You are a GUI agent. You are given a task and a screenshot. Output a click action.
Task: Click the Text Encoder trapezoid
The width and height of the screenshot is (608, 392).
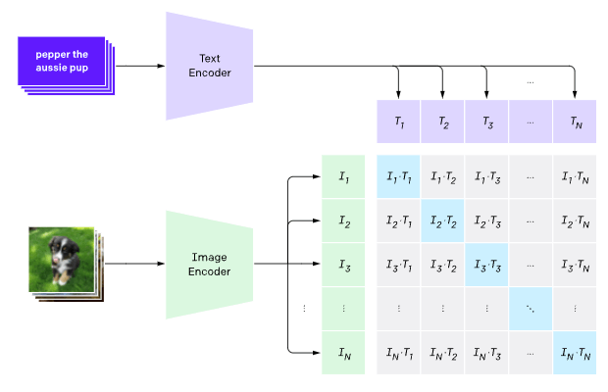tap(210, 66)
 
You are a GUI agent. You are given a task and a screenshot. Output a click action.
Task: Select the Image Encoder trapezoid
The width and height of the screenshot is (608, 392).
tap(210, 265)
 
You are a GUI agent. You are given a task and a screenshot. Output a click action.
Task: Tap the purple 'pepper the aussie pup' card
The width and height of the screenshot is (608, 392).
tap(61, 61)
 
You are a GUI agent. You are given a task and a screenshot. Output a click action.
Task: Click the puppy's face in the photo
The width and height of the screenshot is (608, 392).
tap(58, 248)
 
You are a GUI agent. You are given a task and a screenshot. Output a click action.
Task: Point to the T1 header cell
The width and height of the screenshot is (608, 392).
tap(398, 122)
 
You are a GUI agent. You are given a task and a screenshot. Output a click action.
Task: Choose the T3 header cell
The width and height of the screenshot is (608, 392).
tap(486, 122)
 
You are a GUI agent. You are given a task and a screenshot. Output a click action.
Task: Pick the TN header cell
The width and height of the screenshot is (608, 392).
tap(575, 122)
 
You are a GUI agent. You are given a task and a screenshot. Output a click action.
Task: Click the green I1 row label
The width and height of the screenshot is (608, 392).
tap(343, 176)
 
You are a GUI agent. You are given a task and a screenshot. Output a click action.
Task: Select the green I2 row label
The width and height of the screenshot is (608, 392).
tap(343, 220)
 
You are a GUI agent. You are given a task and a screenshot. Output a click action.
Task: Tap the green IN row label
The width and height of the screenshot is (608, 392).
tap(343, 353)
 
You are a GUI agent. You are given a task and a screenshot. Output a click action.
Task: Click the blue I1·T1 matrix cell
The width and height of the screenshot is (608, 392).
tap(398, 176)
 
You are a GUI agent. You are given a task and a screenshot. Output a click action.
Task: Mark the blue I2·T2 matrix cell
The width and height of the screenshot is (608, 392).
tap(442, 220)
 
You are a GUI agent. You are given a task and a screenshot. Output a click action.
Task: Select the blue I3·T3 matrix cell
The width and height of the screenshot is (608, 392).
tap(486, 265)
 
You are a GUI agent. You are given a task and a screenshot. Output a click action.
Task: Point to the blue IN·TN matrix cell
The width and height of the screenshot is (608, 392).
tap(575, 353)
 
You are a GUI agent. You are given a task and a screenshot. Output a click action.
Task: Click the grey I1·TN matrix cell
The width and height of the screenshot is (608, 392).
tap(575, 176)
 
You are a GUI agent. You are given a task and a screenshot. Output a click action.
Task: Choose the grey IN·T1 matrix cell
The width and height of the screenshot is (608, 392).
tap(398, 353)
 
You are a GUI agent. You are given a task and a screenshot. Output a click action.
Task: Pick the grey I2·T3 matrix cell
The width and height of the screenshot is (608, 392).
tap(486, 220)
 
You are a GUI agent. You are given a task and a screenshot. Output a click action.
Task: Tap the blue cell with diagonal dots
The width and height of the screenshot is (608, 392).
tap(531, 309)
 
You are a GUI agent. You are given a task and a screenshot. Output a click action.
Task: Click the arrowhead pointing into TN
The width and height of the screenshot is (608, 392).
tap(575, 95)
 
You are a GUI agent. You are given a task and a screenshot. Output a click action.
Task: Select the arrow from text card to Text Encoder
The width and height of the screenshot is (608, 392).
tap(140, 66)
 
